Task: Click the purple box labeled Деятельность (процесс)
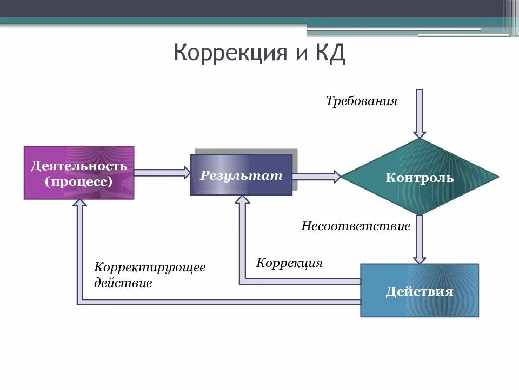[79, 173]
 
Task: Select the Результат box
[241, 175]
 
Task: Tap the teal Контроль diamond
[420, 177]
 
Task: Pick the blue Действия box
[420, 291]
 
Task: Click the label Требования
[361, 101]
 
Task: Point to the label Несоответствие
[356, 225]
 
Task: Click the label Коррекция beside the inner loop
[289, 263]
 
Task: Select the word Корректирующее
[150, 268]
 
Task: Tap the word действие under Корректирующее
[123, 283]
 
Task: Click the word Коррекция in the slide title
[230, 54]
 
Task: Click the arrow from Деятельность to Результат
[162, 173]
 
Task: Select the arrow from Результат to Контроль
[317, 176]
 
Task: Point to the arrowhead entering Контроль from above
[420, 133]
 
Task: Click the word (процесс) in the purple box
[79, 181]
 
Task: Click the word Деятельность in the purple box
[79, 165]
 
